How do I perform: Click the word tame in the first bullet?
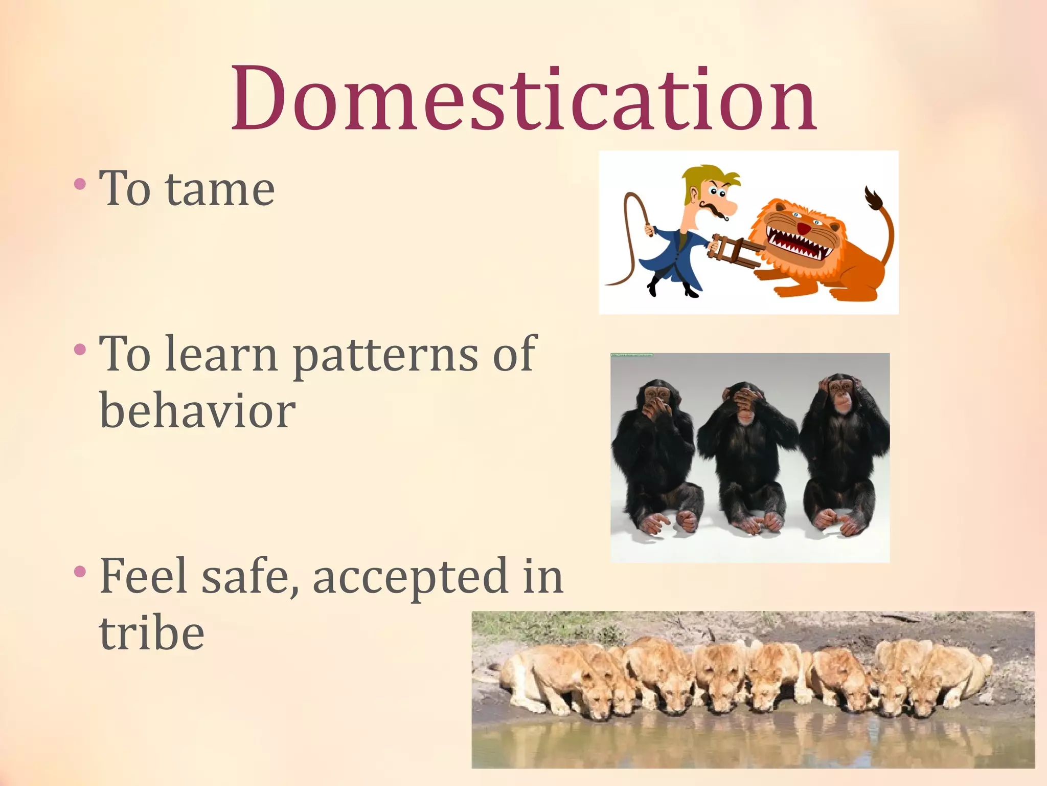[220, 189]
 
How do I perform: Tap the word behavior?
[197, 411]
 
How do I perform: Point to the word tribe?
[152, 633]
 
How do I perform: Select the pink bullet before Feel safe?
[80, 571]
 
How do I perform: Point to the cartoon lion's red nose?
[804, 228]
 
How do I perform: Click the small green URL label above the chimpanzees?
[632, 355]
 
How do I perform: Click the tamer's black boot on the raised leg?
[652, 288]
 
